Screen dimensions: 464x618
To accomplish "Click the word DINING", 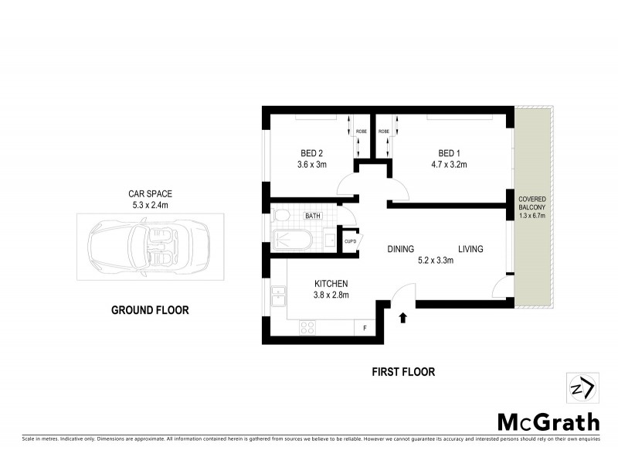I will click(x=401, y=249).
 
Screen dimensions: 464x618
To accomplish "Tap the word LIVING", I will click(x=470, y=249).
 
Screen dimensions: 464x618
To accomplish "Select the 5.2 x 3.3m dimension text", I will click(x=435, y=261).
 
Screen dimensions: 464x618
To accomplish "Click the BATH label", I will click(x=314, y=217).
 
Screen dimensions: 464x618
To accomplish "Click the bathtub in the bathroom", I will click(x=292, y=241).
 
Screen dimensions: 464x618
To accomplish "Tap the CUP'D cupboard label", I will click(x=350, y=241).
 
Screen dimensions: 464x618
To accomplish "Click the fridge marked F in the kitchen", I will click(x=365, y=328).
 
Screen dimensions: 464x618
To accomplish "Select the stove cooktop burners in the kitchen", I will click(x=307, y=328).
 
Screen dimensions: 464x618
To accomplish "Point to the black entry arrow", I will click(x=402, y=317).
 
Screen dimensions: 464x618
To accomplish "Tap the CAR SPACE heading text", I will click(x=149, y=194).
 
